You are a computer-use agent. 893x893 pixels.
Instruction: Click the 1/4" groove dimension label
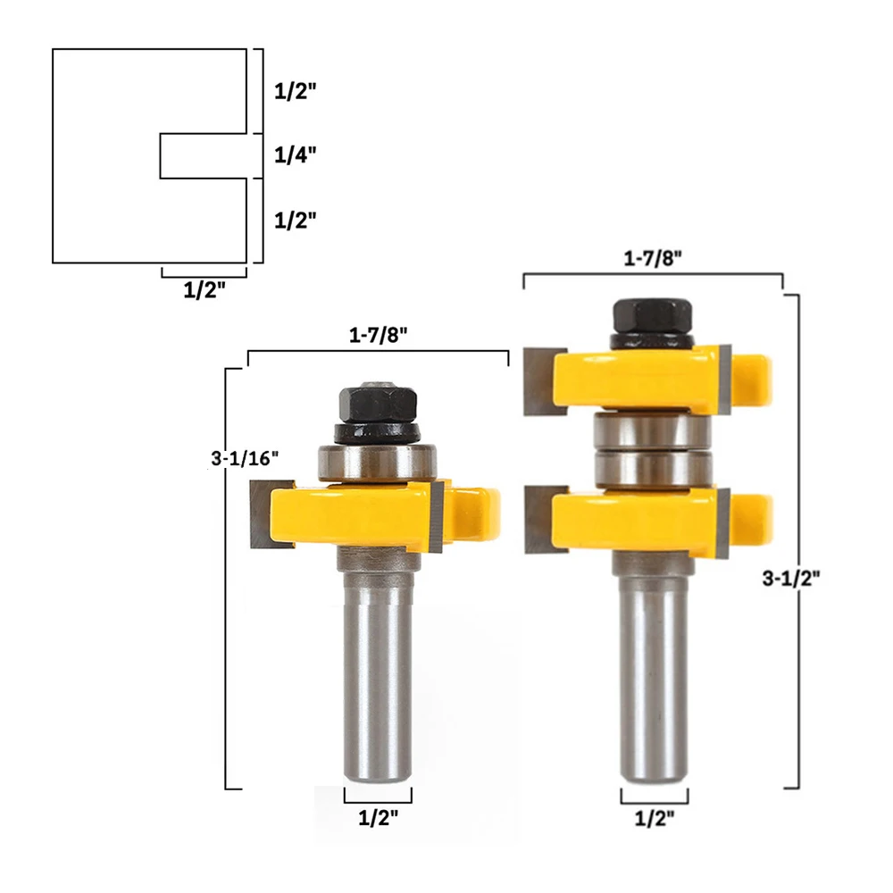coord(295,154)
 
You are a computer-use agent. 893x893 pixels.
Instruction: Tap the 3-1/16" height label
coord(245,458)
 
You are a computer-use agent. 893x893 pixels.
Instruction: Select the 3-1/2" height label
coord(791,579)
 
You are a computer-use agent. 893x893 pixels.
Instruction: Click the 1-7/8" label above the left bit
coord(378,335)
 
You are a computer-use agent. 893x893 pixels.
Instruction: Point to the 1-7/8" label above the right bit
coord(653,259)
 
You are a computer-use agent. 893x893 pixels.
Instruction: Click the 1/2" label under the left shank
coord(378,818)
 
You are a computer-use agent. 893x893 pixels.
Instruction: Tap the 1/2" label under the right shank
coord(655,818)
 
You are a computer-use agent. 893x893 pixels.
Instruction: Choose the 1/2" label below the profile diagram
coord(204,290)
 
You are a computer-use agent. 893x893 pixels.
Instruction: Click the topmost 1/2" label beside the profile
coord(295,90)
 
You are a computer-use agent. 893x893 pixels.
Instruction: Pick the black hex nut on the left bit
coord(378,405)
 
